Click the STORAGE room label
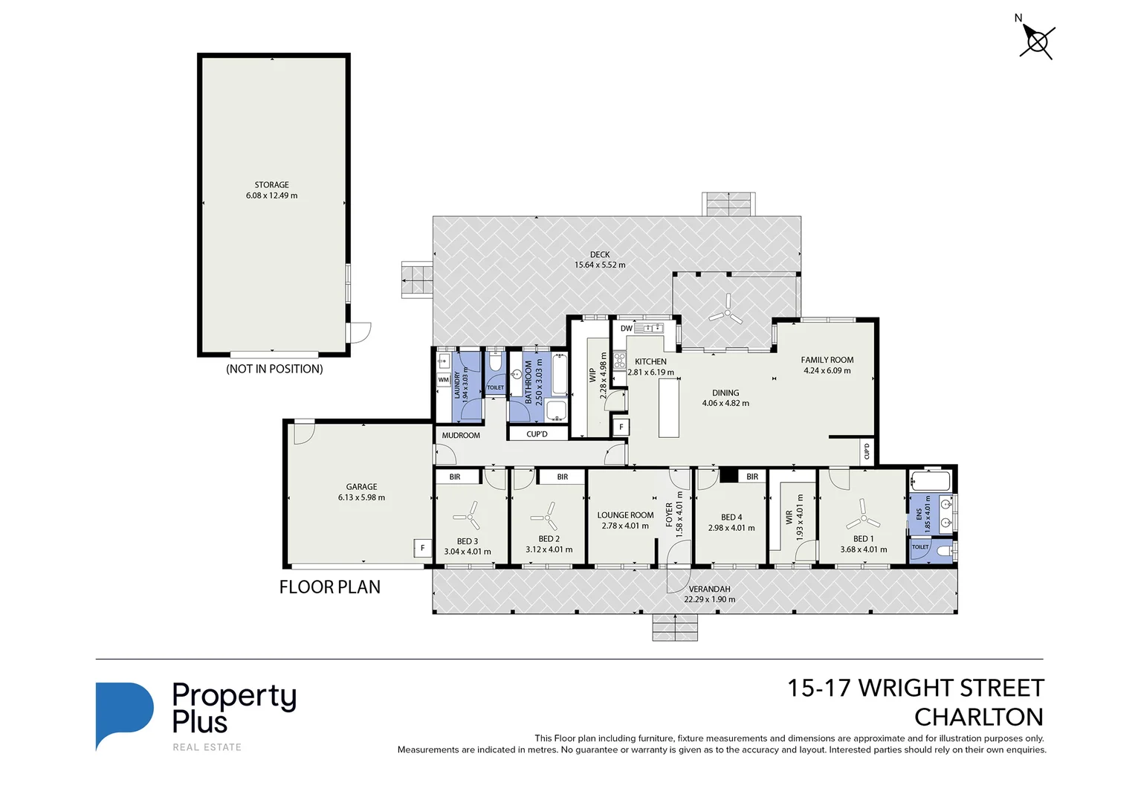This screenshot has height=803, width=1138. click(271, 184)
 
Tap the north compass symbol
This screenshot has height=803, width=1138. click(1035, 40)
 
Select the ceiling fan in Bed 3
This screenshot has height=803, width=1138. click(466, 515)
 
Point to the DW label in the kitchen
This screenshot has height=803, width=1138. click(626, 328)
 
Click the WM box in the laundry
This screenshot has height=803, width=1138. click(444, 379)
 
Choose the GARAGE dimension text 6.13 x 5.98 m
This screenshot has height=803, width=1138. click(361, 497)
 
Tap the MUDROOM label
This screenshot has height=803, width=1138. click(461, 435)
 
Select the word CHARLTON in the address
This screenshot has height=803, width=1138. click(978, 717)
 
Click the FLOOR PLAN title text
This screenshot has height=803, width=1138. click(329, 587)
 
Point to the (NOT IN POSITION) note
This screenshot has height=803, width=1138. click(274, 369)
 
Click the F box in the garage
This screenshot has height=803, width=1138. click(422, 548)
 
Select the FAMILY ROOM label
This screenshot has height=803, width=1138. click(827, 360)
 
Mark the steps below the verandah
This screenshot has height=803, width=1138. click(675, 628)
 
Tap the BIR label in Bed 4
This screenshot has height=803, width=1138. click(752, 477)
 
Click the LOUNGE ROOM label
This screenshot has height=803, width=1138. click(625, 515)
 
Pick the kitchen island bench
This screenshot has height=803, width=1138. click(669, 407)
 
